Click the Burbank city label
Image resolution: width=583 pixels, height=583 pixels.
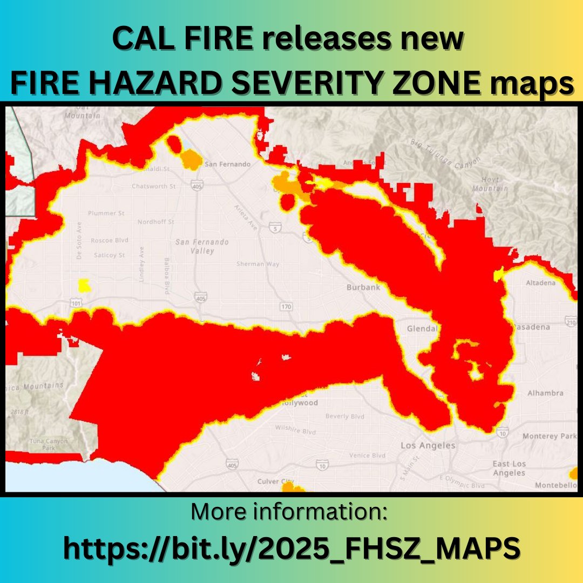[363, 288]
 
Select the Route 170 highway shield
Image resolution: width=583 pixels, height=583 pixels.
[286, 307]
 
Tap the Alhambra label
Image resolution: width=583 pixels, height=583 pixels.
[545, 393]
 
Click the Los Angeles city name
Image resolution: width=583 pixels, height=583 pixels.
[428, 446]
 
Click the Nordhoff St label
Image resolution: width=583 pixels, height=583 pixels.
[155, 222]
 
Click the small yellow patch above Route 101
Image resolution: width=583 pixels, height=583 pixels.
[84, 284]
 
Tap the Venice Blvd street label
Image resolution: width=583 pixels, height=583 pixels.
[367, 455]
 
